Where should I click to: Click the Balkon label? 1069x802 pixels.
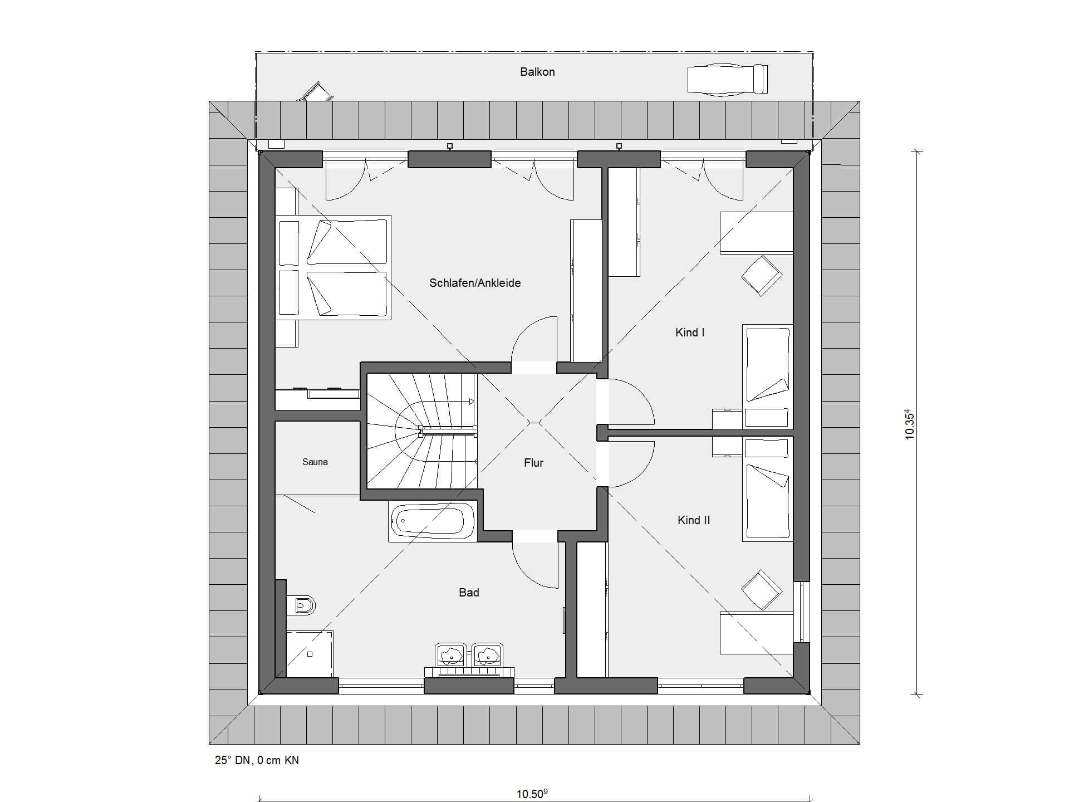point(537,72)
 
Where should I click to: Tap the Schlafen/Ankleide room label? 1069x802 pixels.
point(475,283)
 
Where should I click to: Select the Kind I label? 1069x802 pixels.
point(690,332)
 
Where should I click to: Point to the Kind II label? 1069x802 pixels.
point(694,520)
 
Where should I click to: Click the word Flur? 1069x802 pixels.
point(533,463)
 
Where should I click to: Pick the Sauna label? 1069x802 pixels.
point(315,462)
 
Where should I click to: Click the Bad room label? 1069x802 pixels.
point(469,593)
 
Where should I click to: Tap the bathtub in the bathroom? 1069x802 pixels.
point(433,522)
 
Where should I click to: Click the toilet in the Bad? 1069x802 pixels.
point(302,605)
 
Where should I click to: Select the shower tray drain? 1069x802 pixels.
point(310,654)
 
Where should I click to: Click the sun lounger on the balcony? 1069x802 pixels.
point(728,80)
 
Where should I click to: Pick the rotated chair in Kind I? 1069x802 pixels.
point(761,276)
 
